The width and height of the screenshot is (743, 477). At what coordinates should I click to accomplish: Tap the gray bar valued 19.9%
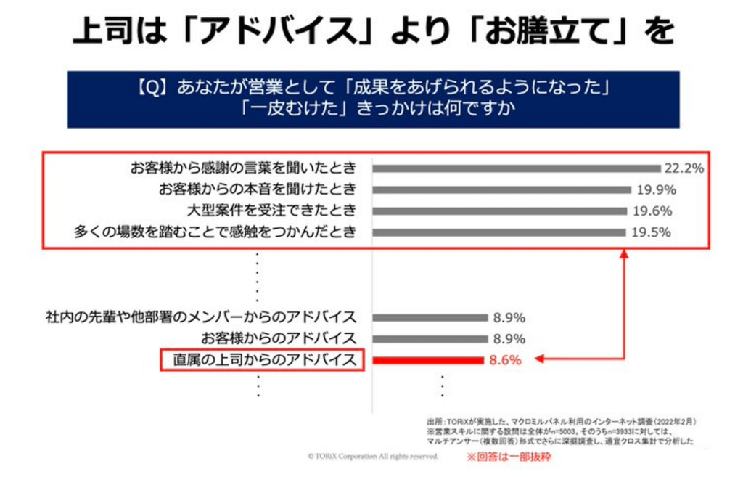[x=501, y=189]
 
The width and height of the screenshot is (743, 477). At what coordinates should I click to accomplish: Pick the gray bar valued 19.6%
[x=500, y=211]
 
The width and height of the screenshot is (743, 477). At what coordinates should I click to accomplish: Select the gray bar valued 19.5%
[x=499, y=232]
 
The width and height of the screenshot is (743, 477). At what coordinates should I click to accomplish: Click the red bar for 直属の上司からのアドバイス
[x=427, y=359]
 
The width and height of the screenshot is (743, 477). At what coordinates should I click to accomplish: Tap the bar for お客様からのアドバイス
[x=430, y=338]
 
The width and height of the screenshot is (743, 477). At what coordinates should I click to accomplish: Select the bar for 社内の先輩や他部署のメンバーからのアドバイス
[x=430, y=317]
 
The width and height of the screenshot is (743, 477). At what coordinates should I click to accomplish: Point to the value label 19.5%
[x=649, y=232]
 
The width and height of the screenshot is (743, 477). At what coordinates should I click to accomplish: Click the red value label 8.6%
[x=505, y=359]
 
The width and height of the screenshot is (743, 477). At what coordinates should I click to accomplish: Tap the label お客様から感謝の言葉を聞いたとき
[x=243, y=168]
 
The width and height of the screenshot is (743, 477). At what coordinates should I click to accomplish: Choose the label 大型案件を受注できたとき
[x=271, y=211]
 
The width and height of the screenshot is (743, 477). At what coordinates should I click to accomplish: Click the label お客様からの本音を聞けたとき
[x=257, y=189]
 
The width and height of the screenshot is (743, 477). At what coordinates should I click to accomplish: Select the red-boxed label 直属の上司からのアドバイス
[x=263, y=359]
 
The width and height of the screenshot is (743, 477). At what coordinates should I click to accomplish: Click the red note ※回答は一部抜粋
[x=508, y=458]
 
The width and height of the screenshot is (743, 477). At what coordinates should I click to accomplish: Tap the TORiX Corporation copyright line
[x=373, y=457]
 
